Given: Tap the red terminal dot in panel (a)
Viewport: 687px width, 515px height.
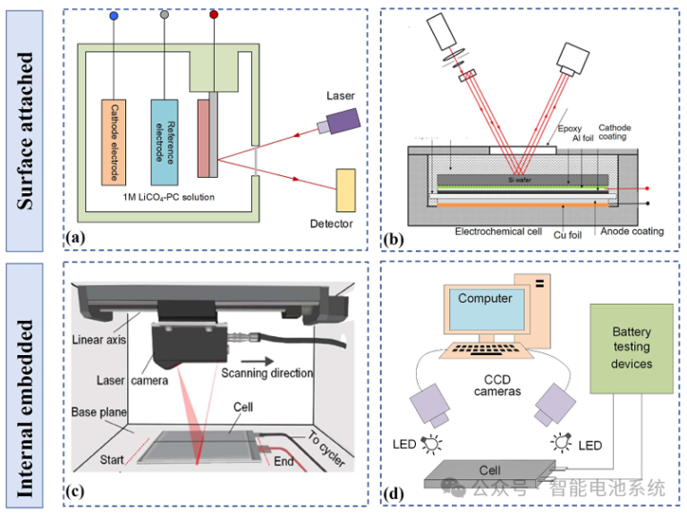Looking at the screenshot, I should click(213, 15).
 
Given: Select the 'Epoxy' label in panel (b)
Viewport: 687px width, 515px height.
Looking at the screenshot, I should click(570, 129).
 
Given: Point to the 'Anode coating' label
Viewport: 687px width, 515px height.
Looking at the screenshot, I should click(631, 231).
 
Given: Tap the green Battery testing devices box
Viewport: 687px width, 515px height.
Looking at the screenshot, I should click(632, 348).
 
